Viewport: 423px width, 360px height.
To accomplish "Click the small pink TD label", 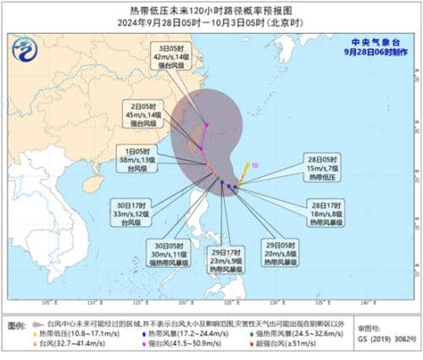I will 254,167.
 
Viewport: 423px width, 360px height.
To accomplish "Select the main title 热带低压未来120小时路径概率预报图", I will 211,9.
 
